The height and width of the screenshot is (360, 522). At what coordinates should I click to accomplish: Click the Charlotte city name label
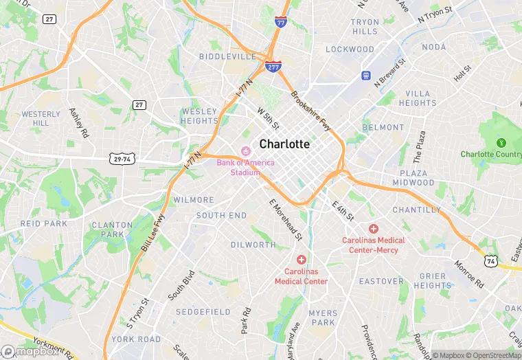pyautogui.click(x=284, y=144)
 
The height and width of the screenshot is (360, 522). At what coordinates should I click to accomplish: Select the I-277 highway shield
pyautogui.click(x=272, y=65)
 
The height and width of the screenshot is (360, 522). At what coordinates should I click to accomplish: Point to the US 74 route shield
pyautogui.click(x=490, y=261)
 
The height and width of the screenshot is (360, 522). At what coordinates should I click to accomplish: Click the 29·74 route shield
pyautogui.click(x=122, y=159)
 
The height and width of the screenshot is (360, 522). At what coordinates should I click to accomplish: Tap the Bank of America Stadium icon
pyautogui.click(x=245, y=151)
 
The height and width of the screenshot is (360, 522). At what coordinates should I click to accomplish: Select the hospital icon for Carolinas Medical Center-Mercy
pyautogui.click(x=374, y=228)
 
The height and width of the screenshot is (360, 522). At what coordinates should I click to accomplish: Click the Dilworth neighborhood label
pyautogui.click(x=253, y=245)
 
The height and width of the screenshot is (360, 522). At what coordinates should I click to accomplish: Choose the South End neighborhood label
pyautogui.click(x=221, y=215)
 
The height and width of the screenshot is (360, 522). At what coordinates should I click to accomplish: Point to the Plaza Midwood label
pyautogui.click(x=413, y=178)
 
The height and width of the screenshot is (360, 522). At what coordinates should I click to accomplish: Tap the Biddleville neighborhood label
pyautogui.click(x=227, y=56)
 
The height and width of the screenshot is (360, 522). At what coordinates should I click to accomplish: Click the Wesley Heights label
pyautogui.click(x=199, y=116)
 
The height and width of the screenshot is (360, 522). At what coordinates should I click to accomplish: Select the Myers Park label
pyautogui.click(x=323, y=317)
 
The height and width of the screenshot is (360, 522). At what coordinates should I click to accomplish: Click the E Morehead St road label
pyautogui.click(x=286, y=220)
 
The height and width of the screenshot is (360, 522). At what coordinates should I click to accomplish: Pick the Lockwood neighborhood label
pyautogui.click(x=350, y=49)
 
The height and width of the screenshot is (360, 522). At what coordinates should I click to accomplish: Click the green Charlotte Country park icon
pyautogui.click(x=501, y=143)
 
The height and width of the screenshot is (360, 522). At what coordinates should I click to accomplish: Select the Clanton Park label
pyautogui.click(x=112, y=229)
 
